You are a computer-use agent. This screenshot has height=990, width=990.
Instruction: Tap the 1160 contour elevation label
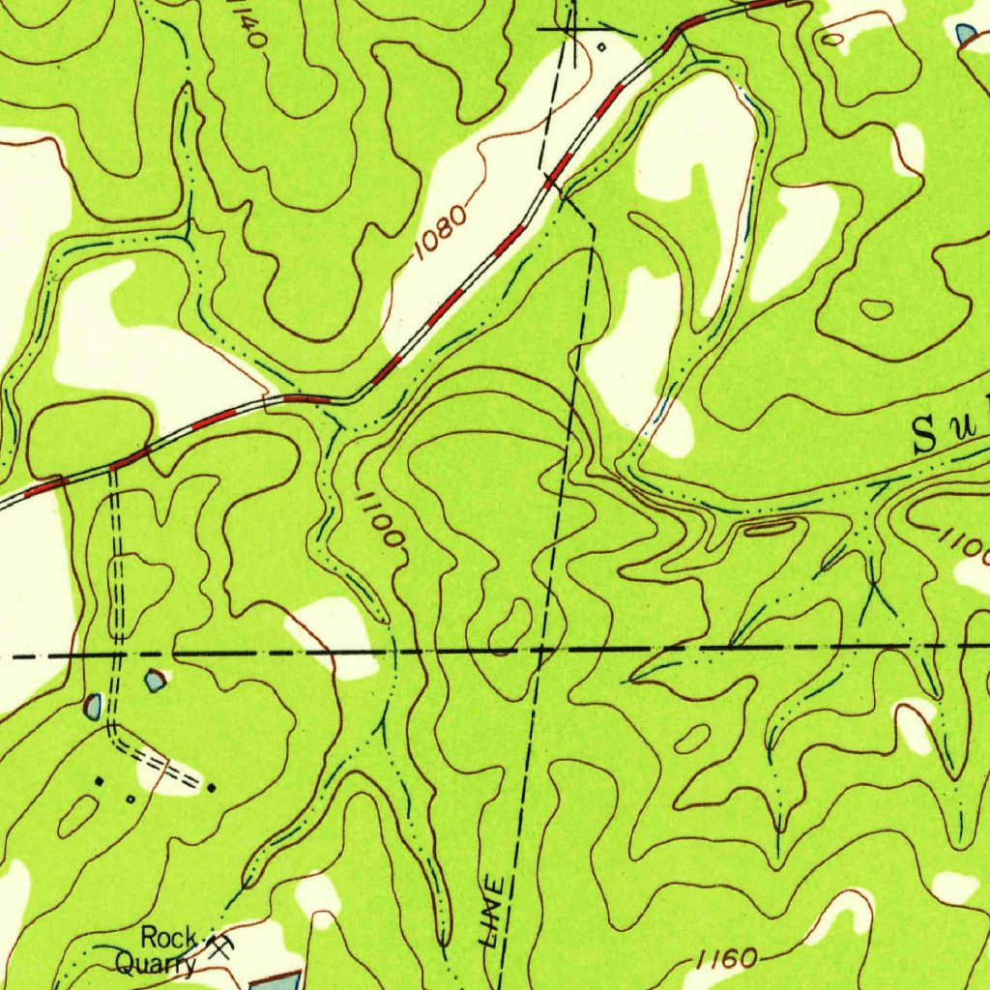(726, 958)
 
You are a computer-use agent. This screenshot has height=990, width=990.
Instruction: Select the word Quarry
(155, 963)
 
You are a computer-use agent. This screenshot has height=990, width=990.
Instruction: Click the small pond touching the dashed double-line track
(94, 707)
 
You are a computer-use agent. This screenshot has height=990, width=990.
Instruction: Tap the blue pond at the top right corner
(966, 34)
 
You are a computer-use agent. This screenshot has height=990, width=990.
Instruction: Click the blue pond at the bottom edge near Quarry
(276, 981)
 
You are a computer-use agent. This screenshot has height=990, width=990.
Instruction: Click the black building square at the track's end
(212, 788)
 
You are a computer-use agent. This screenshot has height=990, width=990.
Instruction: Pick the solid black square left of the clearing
(99, 779)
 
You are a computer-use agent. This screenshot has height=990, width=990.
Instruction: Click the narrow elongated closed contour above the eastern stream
(770, 527)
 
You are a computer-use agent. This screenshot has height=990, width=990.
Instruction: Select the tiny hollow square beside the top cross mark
(600, 45)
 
